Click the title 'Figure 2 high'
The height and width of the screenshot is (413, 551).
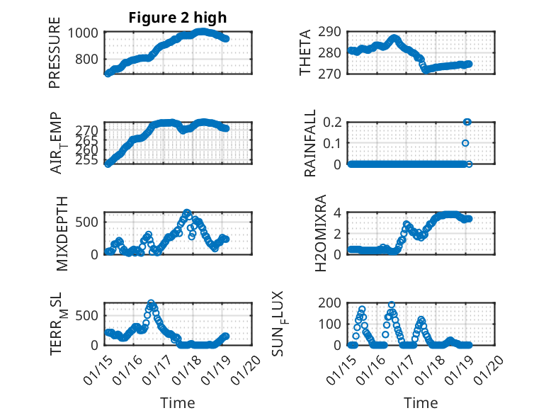[x=177, y=18]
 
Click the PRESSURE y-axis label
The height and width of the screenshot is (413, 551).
[x=55, y=53]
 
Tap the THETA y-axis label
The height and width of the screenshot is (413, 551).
[x=305, y=53]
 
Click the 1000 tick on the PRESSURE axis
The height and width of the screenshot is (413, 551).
[x=85, y=32]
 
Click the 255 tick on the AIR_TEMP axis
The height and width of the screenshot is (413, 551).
[x=90, y=160]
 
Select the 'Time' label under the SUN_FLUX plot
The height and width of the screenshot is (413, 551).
[x=421, y=403]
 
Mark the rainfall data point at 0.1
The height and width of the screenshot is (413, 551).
[x=465, y=143]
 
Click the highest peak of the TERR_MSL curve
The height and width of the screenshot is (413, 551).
[x=151, y=303]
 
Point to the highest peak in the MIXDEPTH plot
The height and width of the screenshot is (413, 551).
[x=187, y=213]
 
